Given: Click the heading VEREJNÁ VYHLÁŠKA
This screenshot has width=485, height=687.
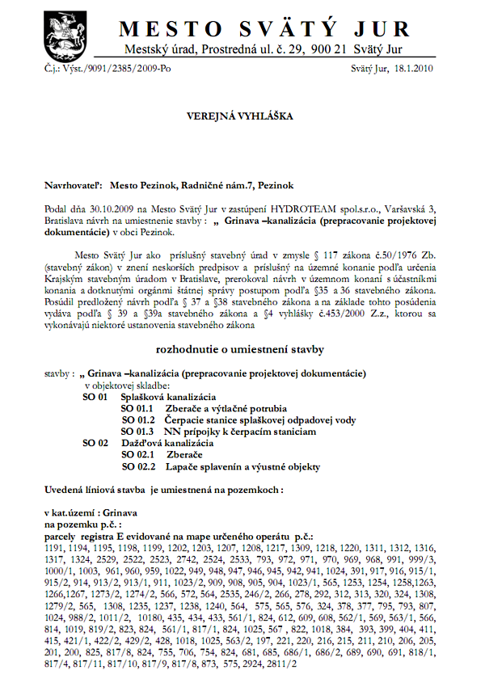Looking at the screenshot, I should point(241,116).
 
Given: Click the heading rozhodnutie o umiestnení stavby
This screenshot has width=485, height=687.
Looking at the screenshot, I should point(240,349).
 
